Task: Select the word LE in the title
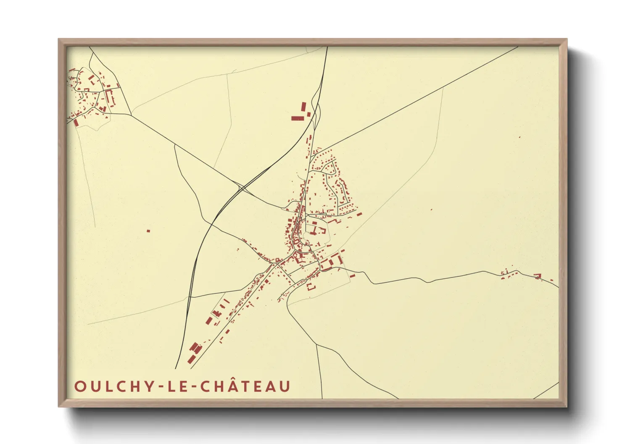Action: tap(177, 386)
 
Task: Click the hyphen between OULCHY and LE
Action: tap(161, 387)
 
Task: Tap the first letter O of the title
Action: tap(80, 386)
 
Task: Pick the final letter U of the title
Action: tap(285, 386)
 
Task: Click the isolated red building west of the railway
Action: tap(148, 230)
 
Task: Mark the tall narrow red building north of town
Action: tap(303, 107)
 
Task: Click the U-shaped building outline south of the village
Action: tap(311, 287)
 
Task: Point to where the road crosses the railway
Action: tap(241, 188)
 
